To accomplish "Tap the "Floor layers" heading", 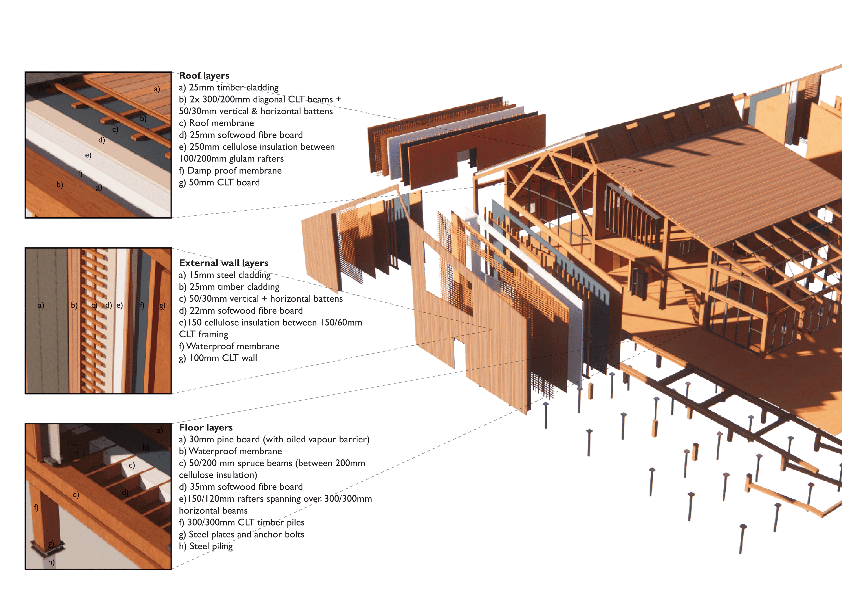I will pos(206,427).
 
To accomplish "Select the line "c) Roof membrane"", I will pos(216,123).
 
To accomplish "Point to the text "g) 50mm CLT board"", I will pos(219,183).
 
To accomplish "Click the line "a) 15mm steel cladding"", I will pos(224,275).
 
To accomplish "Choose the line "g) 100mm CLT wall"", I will pos(218,358).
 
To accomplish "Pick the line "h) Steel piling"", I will pos(206,546).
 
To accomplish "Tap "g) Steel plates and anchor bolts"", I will pos(241,534).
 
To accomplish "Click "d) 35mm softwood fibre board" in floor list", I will pos(241,487).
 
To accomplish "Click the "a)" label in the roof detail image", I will pos(157,89).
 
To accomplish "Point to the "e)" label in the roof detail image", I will pos(88,155).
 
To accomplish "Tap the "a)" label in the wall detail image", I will pos(41,305).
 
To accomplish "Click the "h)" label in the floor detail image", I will pos(51,562).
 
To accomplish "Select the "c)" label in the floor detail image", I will pos(132,465).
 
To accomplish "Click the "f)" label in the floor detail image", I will pos(36,507).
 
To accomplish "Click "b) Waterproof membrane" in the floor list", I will pos(230,451).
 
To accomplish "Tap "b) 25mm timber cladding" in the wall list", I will pos(229,287).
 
